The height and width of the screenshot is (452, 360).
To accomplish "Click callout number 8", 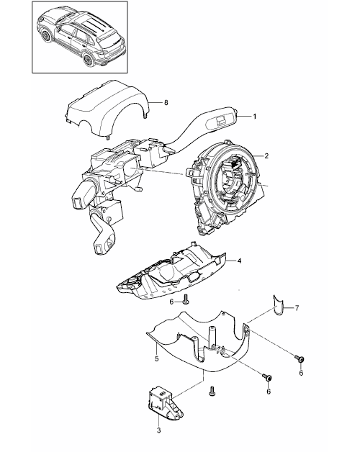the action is [166, 103].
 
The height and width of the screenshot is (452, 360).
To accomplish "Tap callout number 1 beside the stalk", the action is [254, 117].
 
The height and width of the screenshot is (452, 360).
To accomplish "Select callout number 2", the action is [266, 156].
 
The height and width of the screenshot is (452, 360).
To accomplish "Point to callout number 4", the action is [239, 261].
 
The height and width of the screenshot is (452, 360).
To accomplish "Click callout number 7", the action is [297, 308].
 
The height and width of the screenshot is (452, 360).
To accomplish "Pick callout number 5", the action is [157, 359].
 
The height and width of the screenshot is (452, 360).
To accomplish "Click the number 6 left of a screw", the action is [171, 302].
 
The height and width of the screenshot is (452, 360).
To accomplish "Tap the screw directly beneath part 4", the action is [185, 299].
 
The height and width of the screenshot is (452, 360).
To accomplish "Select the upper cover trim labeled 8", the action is [107, 109].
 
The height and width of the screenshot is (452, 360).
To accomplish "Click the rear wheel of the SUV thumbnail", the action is [87, 59].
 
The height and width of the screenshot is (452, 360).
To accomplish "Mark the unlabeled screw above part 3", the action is [212, 391].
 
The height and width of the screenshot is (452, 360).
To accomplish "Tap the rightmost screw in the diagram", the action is [300, 359].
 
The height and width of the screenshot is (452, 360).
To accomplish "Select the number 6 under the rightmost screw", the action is [301, 373].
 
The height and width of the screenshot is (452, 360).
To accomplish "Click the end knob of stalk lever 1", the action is [236, 111].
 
